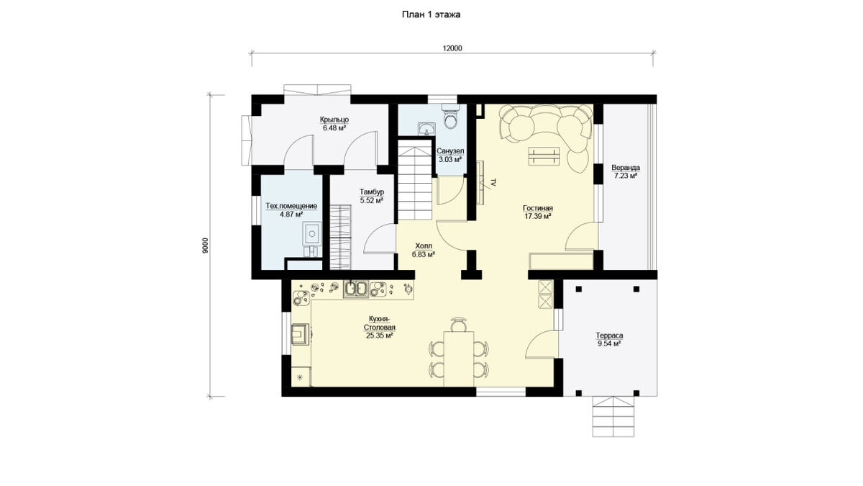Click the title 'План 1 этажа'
tap(431, 14)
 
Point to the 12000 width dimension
tap(452, 48)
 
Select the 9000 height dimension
tap(205, 246)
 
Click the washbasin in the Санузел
tap(427, 128)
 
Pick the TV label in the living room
tap(494, 183)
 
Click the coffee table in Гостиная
tap(544, 157)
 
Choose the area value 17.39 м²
tap(537, 217)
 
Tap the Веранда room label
tap(626, 168)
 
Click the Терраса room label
tap(609, 336)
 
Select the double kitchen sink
tap(356, 289)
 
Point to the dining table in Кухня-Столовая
tap(459, 359)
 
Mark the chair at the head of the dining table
tap(459, 325)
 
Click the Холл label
tap(424, 246)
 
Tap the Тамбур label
tap(372, 192)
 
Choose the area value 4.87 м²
tap(291, 215)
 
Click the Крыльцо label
tap(334, 120)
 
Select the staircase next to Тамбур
tap(414, 180)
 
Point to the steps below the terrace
tap(613, 417)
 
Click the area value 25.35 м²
tap(380, 336)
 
